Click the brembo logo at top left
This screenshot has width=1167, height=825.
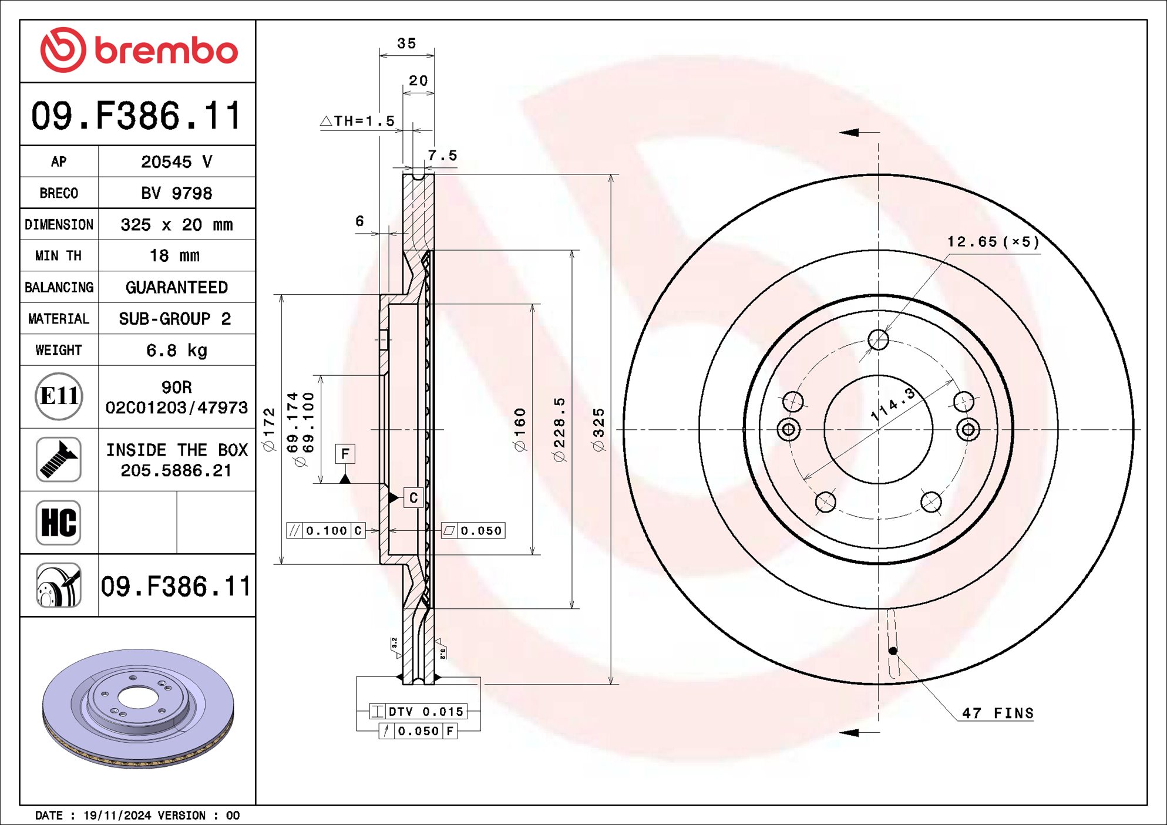pyautogui.click(x=139, y=50)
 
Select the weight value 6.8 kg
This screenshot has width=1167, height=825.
pyautogui.click(x=176, y=351)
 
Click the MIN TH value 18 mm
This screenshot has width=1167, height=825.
pyautogui.click(x=174, y=256)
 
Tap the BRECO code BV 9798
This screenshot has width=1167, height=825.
pyautogui.click(x=176, y=193)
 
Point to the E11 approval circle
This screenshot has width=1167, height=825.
pyautogui.click(x=58, y=396)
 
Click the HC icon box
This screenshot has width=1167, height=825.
pyautogui.click(x=58, y=523)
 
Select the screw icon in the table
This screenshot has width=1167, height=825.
pyautogui.click(x=58, y=459)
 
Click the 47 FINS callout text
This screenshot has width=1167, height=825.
pyautogui.click(x=997, y=713)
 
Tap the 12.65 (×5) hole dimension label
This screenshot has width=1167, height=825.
pyautogui.click(x=993, y=242)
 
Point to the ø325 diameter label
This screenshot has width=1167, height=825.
pyautogui.click(x=598, y=430)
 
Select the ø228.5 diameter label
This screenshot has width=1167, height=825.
pyautogui.click(x=559, y=430)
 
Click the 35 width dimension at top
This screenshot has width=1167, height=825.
pyautogui.click(x=406, y=43)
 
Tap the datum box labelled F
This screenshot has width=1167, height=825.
pyautogui.click(x=345, y=453)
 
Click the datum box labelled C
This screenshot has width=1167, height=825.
pyautogui.click(x=413, y=498)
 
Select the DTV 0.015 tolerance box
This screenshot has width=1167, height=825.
pyautogui.click(x=418, y=712)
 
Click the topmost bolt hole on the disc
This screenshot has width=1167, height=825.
pyautogui.click(x=878, y=339)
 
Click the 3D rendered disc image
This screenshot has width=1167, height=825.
pyautogui.click(x=138, y=708)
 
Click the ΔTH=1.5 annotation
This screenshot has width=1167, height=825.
pyautogui.click(x=358, y=121)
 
